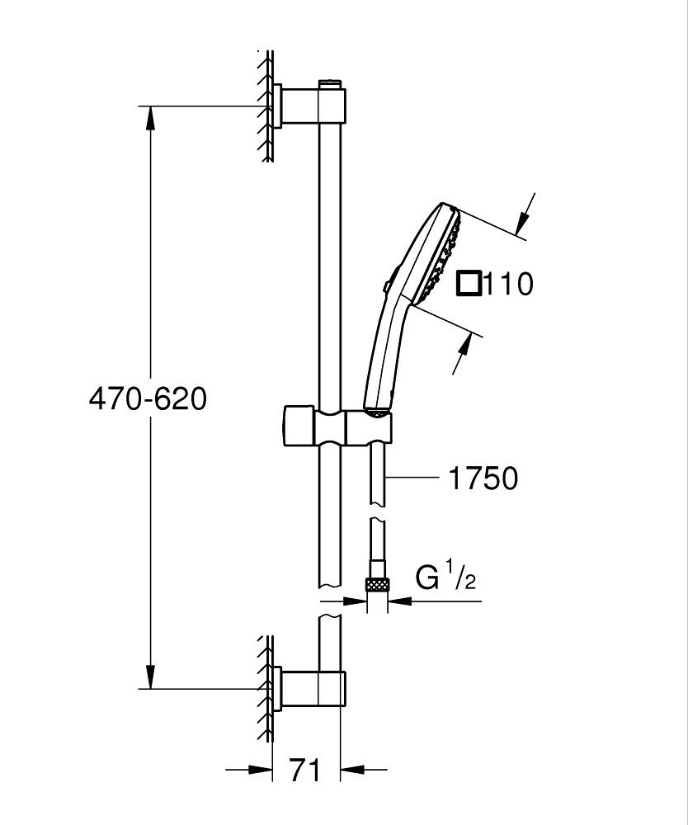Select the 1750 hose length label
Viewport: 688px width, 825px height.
point(483,478)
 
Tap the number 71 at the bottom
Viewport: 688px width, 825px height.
point(305,771)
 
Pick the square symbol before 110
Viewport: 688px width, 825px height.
point(469,283)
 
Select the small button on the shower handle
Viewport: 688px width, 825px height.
point(386,286)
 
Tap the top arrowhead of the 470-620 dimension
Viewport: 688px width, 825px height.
point(149,117)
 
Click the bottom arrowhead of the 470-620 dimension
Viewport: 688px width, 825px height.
point(149,676)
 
